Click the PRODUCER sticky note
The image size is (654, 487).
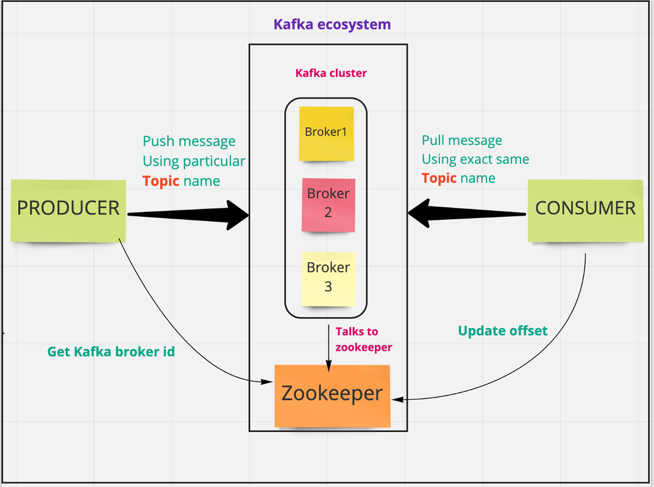pyautogui.click(x=68, y=209)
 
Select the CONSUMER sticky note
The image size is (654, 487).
pyautogui.click(x=585, y=209)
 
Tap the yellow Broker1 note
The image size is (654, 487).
pyautogui.click(x=326, y=133)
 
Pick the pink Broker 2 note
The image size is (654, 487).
pyautogui.click(x=328, y=204)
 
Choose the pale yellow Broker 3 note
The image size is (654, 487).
pyautogui.click(x=328, y=278)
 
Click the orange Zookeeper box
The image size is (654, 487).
pyautogui.click(x=332, y=394)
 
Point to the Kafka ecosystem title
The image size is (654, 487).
pyautogui.click(x=332, y=25)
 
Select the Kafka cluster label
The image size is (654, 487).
pyautogui.click(x=331, y=73)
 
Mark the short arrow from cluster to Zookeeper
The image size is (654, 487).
pyautogui.click(x=329, y=347)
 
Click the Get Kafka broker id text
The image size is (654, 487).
pyautogui.click(x=111, y=351)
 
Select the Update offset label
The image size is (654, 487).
pyautogui.click(x=502, y=331)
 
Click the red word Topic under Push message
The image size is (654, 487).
pyautogui.click(x=161, y=181)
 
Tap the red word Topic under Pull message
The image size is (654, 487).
pyautogui.click(x=439, y=178)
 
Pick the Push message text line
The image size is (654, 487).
pyautogui.click(x=189, y=141)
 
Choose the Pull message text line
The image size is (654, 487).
pyautogui.click(x=461, y=141)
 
